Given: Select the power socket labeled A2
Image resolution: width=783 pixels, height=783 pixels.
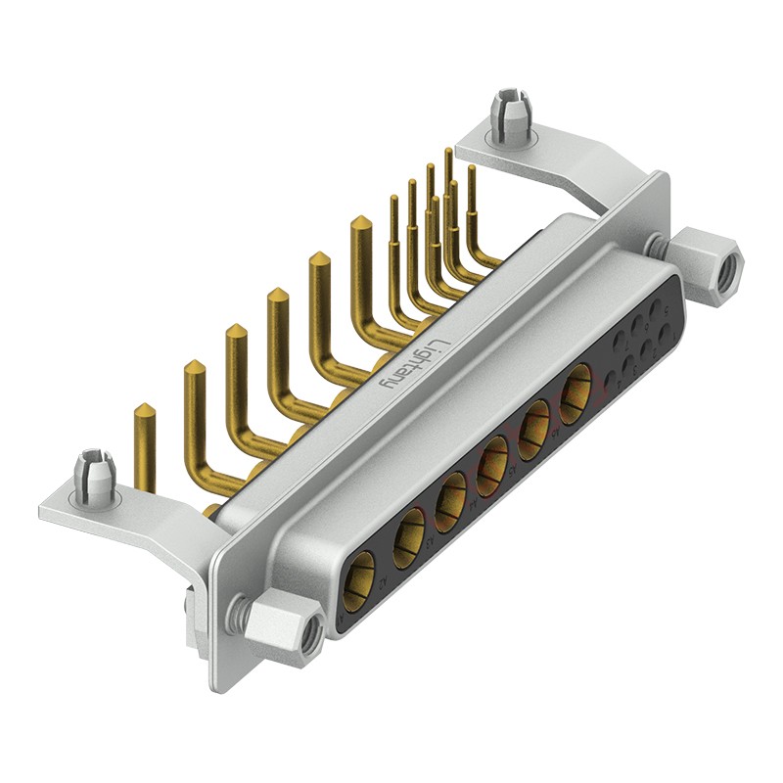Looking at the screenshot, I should tap(409, 542).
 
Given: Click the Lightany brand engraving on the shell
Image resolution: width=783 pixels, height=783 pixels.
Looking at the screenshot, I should tap(414, 366).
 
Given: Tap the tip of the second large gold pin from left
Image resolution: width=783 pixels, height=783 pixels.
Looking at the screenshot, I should tap(194, 366).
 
